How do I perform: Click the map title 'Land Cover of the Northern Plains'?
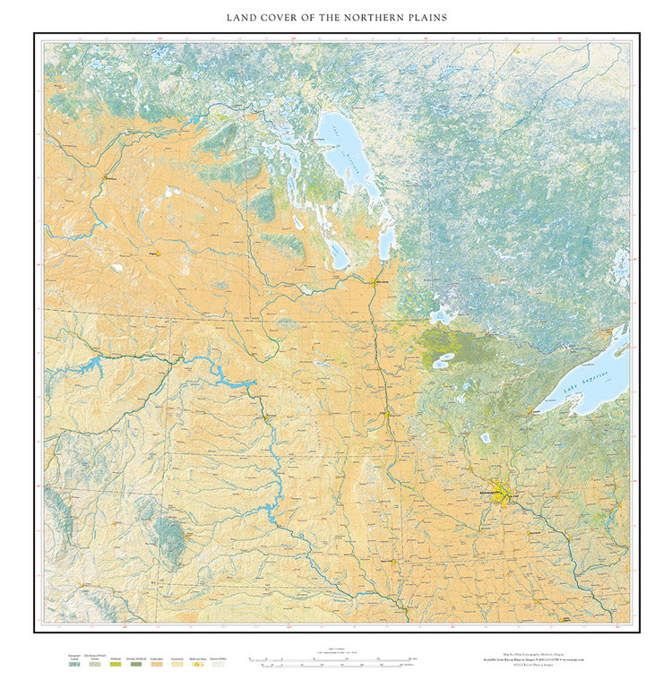pos(336,17)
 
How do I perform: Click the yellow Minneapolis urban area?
pos(500,494)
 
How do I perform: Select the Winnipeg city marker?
pos(375,282)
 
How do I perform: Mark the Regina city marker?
pos(153,254)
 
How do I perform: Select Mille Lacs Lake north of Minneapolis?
pos(485,438)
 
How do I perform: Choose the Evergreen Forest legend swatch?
pos(74,668)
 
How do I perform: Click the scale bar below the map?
pos(336,664)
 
